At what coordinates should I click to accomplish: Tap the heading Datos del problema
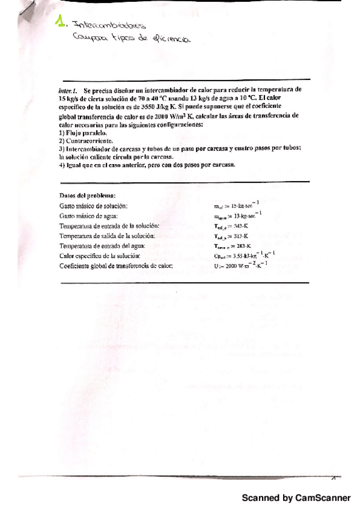point(87,195)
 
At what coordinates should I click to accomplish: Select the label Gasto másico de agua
point(88,215)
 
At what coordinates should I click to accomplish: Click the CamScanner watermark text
point(296,498)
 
